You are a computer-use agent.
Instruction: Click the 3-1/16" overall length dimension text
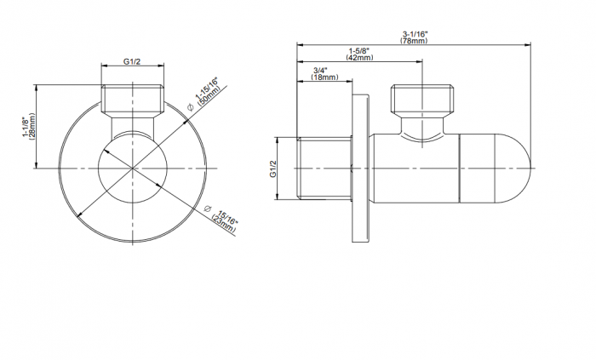[x=415, y=35]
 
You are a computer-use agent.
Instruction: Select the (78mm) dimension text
[x=414, y=41]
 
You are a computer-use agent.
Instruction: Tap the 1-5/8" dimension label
[x=359, y=50]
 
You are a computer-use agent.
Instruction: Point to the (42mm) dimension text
[x=359, y=57]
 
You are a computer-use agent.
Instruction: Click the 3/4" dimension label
[x=320, y=71]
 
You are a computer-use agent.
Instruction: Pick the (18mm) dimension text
[x=324, y=77]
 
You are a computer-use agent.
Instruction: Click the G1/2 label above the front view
[x=131, y=61]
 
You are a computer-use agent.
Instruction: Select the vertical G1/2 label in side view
[x=273, y=169]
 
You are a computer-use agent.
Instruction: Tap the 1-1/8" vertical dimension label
[x=25, y=127]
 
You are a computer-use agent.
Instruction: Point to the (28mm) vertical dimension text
[x=32, y=127]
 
